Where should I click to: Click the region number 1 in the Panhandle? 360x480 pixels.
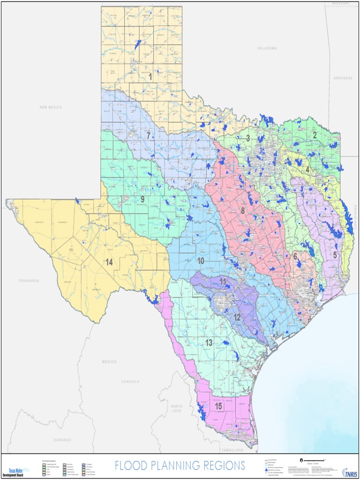click(150, 77)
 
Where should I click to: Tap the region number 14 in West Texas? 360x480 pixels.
click(109, 262)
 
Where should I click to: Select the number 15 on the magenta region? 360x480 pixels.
click(218, 406)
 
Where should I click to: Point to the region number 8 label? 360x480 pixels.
click(243, 211)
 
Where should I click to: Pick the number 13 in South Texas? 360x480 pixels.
click(209, 343)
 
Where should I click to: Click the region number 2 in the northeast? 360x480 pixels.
click(315, 135)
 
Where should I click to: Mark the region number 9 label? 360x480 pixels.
click(142, 199)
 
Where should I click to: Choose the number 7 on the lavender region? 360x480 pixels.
click(149, 136)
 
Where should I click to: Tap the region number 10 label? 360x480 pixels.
click(201, 261)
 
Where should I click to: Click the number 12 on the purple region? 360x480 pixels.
click(237, 317)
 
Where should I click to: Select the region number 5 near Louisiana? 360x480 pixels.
click(335, 255)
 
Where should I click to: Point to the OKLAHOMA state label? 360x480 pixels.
click(267, 48)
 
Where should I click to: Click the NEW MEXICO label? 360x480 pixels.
click(51, 107)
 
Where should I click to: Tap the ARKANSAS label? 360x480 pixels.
click(343, 78)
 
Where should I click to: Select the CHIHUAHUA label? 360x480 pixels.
click(29, 280)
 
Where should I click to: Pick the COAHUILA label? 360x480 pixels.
click(130, 382)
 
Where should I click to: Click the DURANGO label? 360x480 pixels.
click(62, 440)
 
